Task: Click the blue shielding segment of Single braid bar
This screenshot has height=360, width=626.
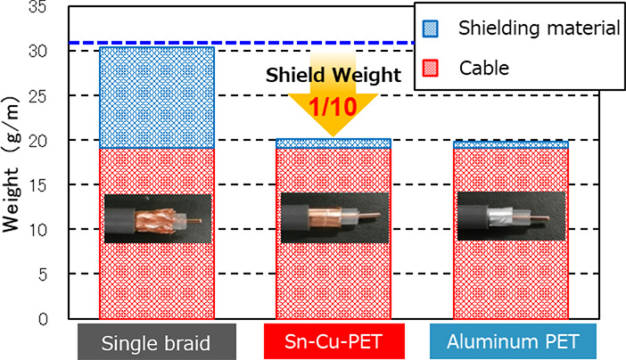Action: [x=156, y=97]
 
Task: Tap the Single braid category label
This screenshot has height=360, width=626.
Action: [x=155, y=342]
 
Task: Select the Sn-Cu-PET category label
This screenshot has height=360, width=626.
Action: [x=334, y=342]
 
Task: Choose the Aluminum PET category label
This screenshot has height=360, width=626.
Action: [x=512, y=342]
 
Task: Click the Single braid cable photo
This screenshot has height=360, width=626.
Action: [x=157, y=218]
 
